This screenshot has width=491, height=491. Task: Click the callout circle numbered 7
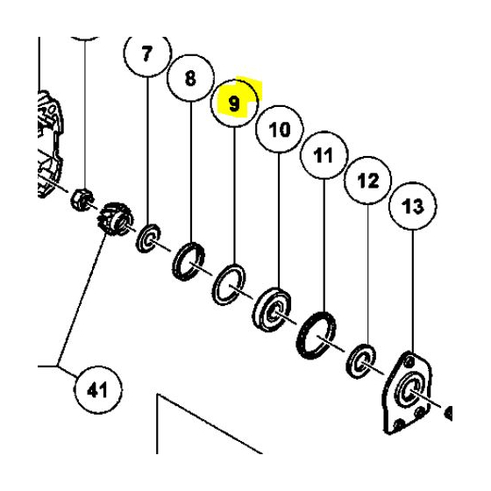point(146,53)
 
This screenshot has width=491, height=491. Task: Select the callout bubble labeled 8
point(191,78)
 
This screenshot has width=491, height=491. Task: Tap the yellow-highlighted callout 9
point(234,103)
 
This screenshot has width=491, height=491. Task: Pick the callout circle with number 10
point(279,131)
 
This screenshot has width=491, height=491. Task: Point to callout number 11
point(324,158)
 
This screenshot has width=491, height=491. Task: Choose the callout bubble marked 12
point(366,182)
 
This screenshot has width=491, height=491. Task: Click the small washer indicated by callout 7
point(146,237)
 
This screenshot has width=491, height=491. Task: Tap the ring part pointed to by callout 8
point(190,260)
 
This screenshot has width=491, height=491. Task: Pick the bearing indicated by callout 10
point(275,309)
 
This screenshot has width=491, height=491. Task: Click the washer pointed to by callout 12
point(361,359)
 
